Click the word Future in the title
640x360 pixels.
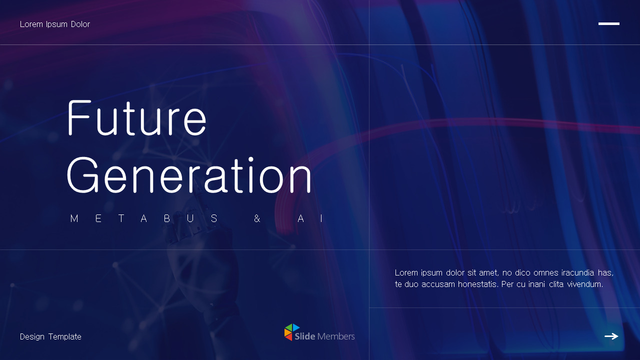(136, 118)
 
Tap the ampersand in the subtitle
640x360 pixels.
(257, 218)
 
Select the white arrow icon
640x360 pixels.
(611, 336)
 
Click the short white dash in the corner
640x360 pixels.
(608, 23)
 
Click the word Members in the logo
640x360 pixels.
(336, 336)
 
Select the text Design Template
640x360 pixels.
(50, 337)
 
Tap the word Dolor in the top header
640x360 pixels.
(79, 24)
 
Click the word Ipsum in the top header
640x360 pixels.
(56, 24)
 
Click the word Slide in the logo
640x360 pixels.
(304, 336)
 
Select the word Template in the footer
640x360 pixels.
(65, 337)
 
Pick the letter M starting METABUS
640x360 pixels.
(74, 218)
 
